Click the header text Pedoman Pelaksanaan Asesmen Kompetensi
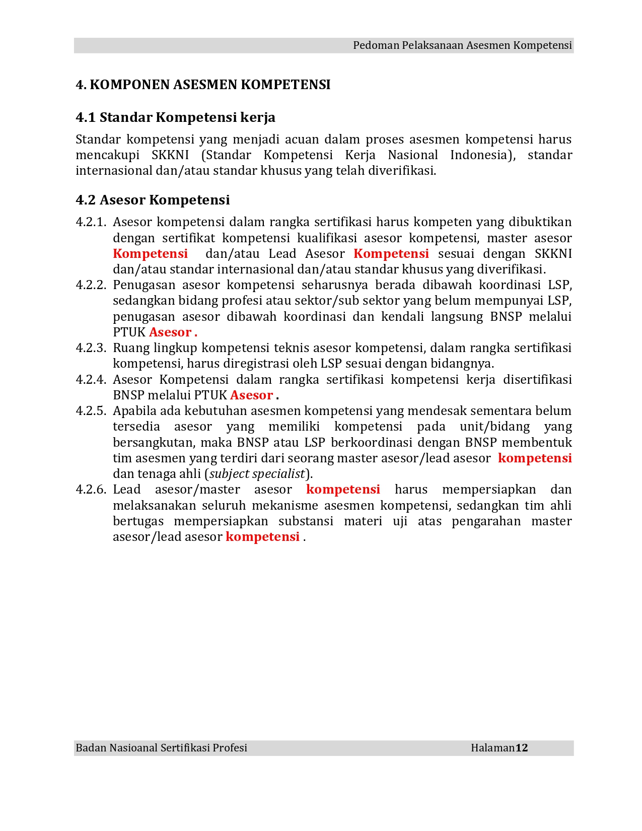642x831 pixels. tap(462, 45)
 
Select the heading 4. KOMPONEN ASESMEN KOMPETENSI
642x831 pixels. tap(203, 85)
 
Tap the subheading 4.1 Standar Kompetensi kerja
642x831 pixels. tap(175, 117)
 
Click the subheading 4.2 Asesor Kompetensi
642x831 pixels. tap(153, 200)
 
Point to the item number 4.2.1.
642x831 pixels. tap(91, 222)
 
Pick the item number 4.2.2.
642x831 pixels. tap(91, 285)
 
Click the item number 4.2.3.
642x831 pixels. tap(91, 348)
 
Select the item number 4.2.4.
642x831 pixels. tap(91, 380)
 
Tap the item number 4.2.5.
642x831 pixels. tap(91, 411)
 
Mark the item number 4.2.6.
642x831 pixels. tap(91, 490)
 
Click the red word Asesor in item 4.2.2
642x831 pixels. tap(170, 332)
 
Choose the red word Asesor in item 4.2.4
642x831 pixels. tap(251, 395)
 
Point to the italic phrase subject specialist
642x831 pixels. tap(257, 474)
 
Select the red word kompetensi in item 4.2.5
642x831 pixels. tap(535, 458)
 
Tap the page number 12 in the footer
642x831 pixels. tap(522, 748)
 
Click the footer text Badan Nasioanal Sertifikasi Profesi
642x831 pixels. tap(161, 748)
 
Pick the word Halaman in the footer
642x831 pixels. tap(492, 748)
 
